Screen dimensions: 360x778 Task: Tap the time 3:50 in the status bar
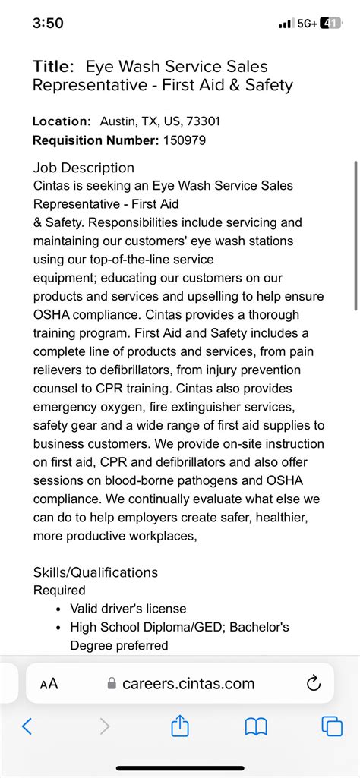(x=48, y=24)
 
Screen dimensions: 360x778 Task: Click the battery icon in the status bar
(x=331, y=24)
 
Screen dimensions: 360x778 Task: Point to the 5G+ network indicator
(x=307, y=24)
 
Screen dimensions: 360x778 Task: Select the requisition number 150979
(x=184, y=140)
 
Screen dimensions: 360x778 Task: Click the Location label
(x=62, y=121)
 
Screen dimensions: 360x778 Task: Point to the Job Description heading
(x=84, y=168)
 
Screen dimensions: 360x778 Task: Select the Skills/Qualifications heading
(x=96, y=572)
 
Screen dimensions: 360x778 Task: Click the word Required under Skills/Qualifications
(x=59, y=590)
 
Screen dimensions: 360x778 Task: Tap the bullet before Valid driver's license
(x=59, y=609)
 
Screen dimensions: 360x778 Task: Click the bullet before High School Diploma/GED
(x=59, y=628)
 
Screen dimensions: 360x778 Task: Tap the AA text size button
(x=49, y=684)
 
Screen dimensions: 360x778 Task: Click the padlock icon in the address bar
(x=112, y=684)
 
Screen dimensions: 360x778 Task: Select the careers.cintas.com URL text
(x=189, y=684)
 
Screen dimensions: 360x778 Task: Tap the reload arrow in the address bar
(x=313, y=684)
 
